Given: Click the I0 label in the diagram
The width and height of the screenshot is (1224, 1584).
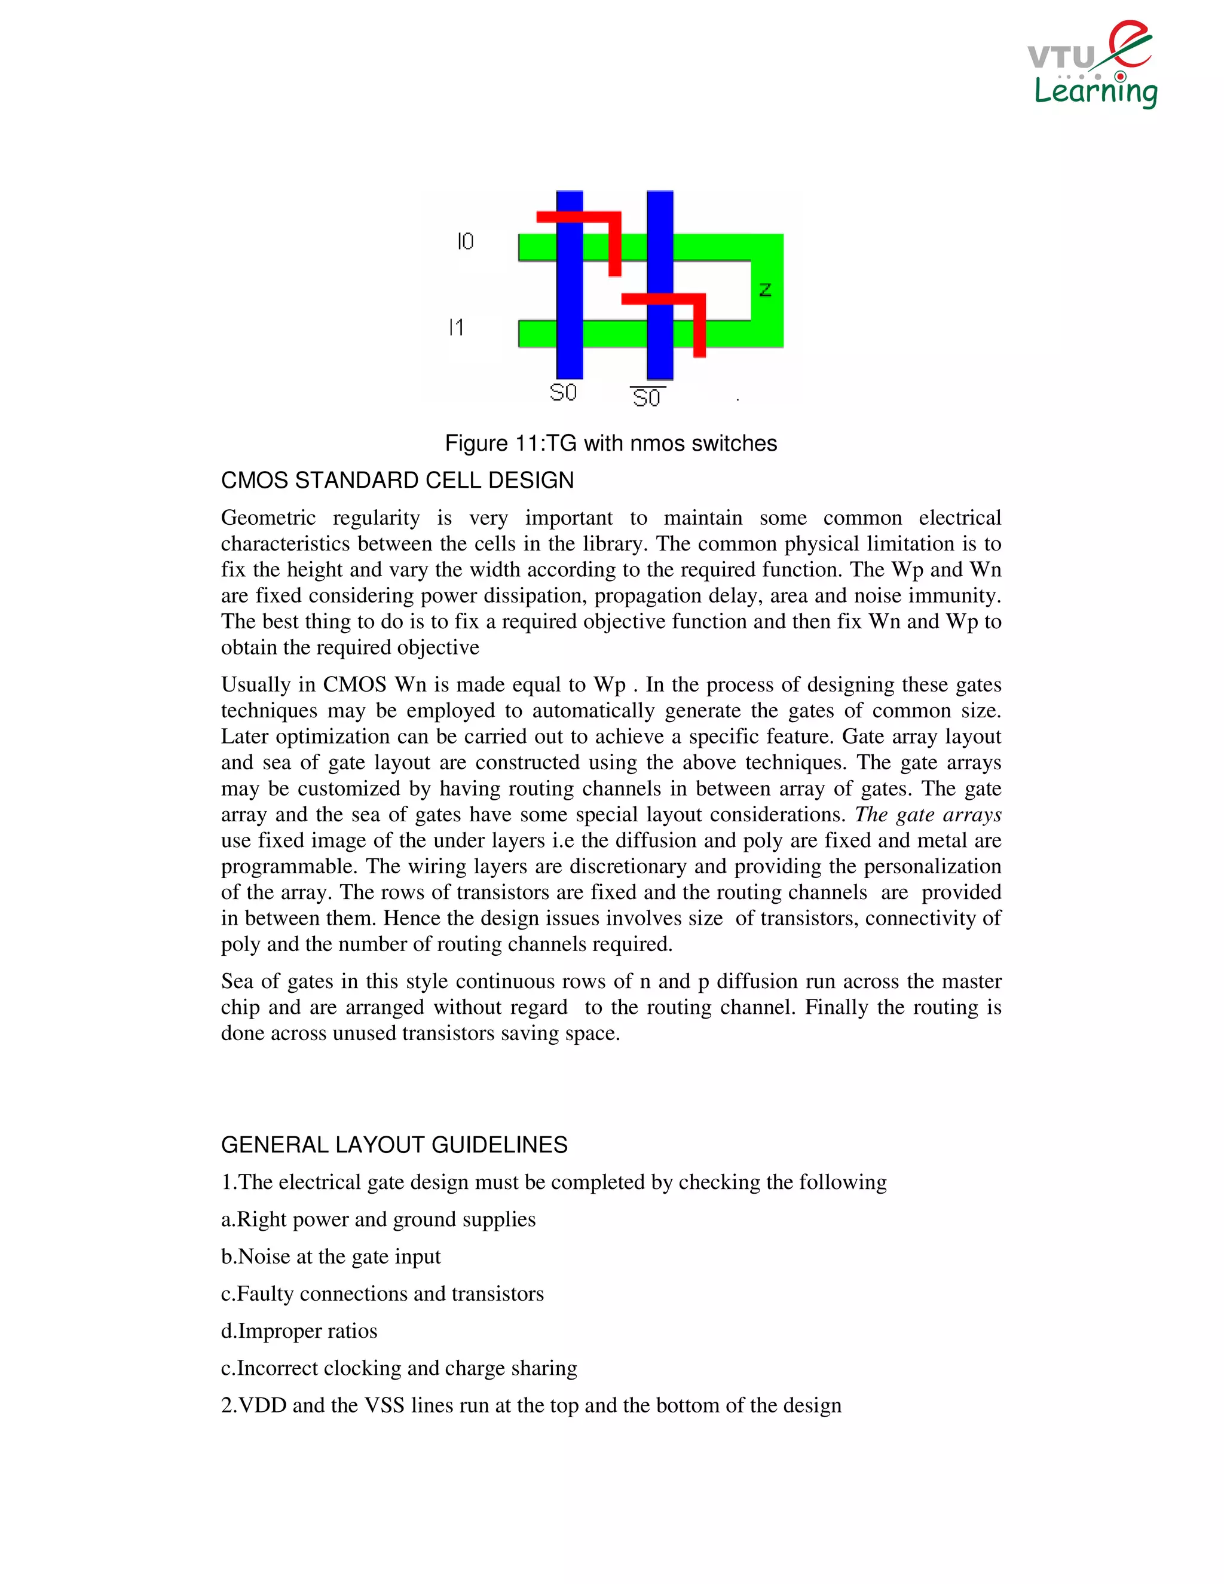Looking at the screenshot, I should pyautogui.click(x=465, y=241).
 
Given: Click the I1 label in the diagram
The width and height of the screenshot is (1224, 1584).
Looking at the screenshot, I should pyautogui.click(x=456, y=328).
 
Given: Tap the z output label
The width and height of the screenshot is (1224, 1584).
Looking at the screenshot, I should pyautogui.click(x=764, y=290).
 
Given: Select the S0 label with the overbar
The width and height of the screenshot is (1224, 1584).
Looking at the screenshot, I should pyautogui.click(x=647, y=397).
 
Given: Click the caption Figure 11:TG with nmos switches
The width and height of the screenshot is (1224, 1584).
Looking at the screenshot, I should pyautogui.click(x=611, y=443).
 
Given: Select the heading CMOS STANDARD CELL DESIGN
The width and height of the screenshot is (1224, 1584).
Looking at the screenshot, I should pyautogui.click(x=397, y=480).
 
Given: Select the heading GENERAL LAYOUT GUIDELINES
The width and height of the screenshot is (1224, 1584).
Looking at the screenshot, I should pyautogui.click(x=394, y=1145).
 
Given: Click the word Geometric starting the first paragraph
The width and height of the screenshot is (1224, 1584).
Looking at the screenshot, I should pyautogui.click(x=268, y=518).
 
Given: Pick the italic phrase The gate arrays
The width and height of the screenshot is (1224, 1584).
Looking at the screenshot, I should pyautogui.click(x=928, y=815).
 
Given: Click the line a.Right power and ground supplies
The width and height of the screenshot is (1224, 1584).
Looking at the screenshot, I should pyautogui.click(x=378, y=1219).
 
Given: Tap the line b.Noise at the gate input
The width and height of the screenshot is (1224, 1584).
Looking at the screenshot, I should pyautogui.click(x=331, y=1256).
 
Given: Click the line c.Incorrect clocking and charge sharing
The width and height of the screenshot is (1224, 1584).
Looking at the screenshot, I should pyautogui.click(x=399, y=1368).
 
